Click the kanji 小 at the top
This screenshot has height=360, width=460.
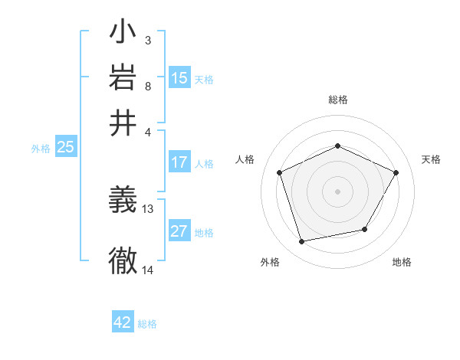[123, 34]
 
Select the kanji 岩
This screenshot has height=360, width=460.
[123, 77]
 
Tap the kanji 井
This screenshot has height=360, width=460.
[123, 123]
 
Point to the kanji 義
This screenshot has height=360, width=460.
[123, 201]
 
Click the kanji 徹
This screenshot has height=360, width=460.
[123, 260]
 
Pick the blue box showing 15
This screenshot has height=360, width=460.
[179, 77]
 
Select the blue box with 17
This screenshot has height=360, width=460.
[179, 162]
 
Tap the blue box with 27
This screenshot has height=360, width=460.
[179, 232]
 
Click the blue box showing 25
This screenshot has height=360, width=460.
[65, 147]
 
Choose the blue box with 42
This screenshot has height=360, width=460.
[123, 322]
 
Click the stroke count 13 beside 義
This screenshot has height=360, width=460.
[148, 208]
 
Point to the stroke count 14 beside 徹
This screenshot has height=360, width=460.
[148, 270]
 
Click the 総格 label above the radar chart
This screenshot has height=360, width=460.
[338, 100]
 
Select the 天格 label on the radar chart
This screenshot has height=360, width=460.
[431, 159]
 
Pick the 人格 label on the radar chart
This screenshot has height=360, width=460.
[245, 159]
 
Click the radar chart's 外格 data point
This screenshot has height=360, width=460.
[302, 242]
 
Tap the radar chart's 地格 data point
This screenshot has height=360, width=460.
[365, 229]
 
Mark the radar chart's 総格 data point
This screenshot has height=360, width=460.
[337, 146]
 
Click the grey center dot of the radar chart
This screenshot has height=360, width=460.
[337, 191]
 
